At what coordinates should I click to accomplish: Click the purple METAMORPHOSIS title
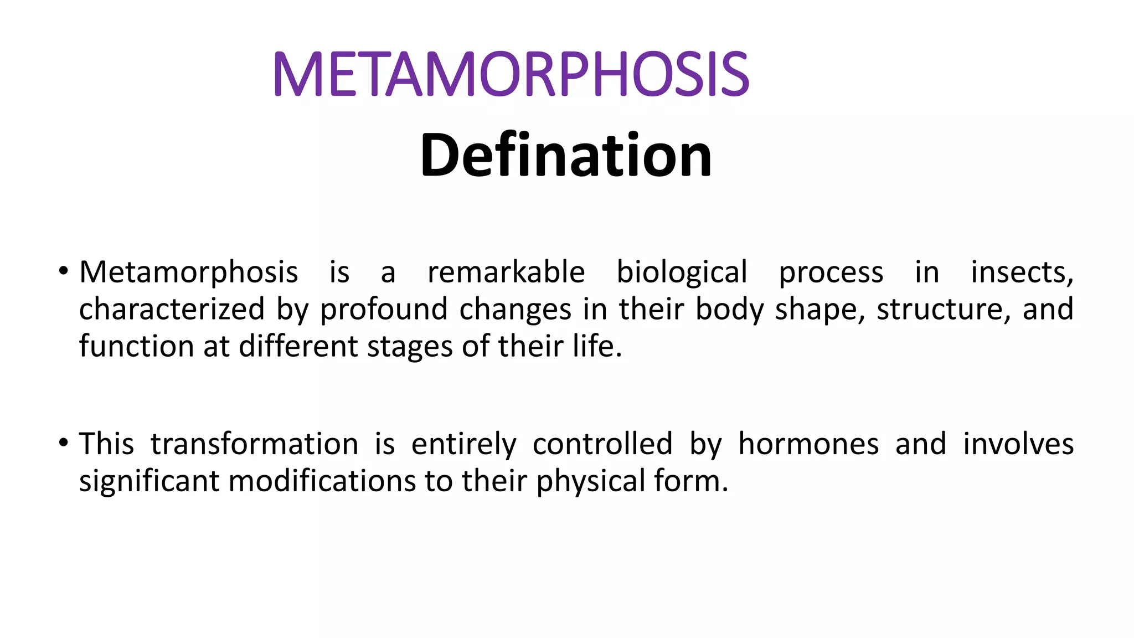tap(511, 74)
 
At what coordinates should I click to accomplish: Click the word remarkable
tap(506, 272)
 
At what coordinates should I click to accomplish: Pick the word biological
tap(682, 273)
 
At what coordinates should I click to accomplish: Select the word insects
tap(1022, 272)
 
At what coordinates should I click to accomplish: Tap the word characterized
tap(172, 309)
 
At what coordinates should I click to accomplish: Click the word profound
tap(384, 309)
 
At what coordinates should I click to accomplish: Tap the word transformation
tap(254, 444)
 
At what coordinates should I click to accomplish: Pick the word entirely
tap(463, 445)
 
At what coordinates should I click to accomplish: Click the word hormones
tap(808, 444)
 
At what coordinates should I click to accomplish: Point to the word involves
tap(1018, 444)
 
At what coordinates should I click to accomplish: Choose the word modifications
tap(322, 481)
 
